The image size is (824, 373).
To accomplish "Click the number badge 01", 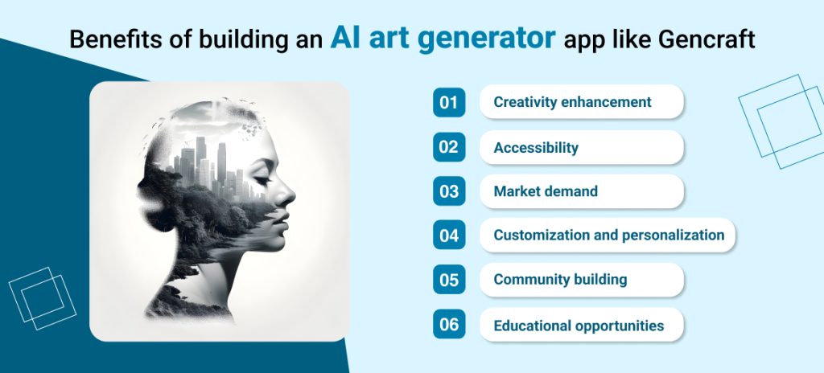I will pyautogui.click(x=449, y=102).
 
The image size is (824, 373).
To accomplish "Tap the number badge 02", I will pyautogui.click(x=449, y=147).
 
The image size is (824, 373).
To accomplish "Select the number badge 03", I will pyautogui.click(x=449, y=191).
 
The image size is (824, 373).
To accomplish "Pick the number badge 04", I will pyautogui.click(x=449, y=236).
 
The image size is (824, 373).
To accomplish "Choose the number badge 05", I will pyautogui.click(x=449, y=281).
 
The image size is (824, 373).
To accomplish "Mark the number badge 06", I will pyautogui.click(x=449, y=326).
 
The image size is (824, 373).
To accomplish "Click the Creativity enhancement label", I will pyautogui.click(x=572, y=102).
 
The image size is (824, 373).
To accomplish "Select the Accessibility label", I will pyautogui.click(x=536, y=148).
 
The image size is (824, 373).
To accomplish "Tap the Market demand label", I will pyautogui.click(x=546, y=192).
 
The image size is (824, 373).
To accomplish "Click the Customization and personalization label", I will pyautogui.click(x=608, y=236).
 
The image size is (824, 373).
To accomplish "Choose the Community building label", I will pyautogui.click(x=560, y=281).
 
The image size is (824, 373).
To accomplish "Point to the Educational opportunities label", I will pyautogui.click(x=579, y=326).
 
